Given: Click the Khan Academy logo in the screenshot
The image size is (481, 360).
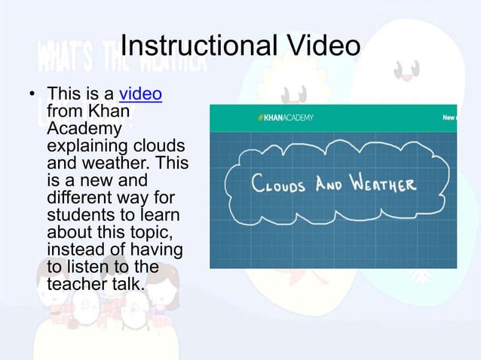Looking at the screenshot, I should click(x=286, y=117).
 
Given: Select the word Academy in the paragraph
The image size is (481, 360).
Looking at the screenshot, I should click(x=78, y=130).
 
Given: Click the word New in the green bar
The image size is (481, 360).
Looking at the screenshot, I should click(x=449, y=117).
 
